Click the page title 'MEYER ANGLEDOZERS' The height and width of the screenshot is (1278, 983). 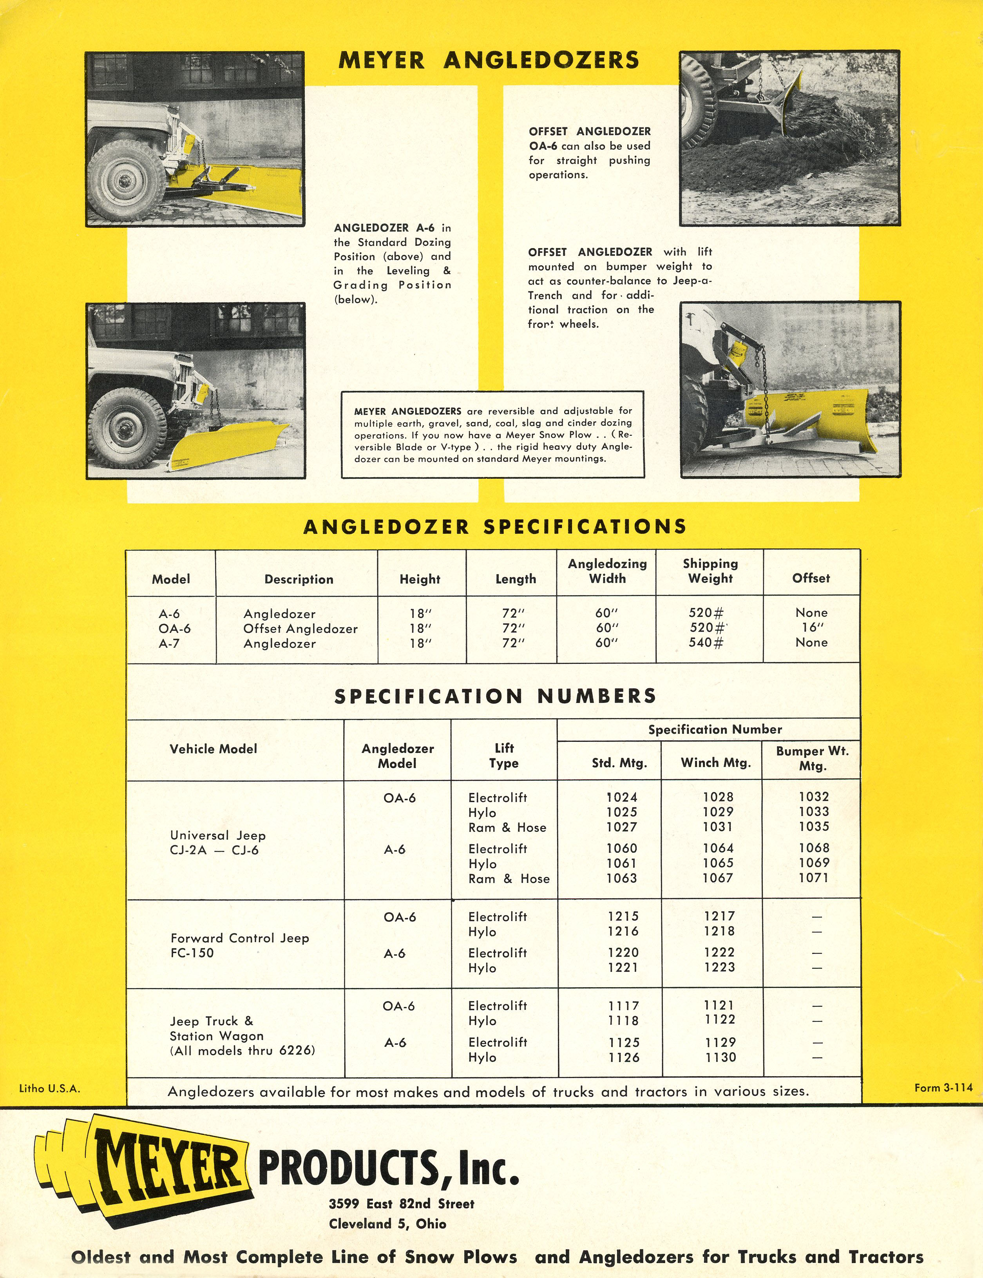point(489,61)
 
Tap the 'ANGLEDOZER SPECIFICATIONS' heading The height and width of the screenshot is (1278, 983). point(494,527)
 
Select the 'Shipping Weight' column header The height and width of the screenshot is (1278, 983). point(710,571)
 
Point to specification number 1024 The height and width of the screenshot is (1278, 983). point(621,797)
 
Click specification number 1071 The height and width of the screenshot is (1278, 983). point(813,878)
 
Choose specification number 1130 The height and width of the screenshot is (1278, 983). point(720,1057)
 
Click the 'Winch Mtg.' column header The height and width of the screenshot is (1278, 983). point(715,763)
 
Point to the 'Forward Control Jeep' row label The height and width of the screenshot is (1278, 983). point(239,938)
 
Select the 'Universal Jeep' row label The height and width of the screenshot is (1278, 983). point(218,836)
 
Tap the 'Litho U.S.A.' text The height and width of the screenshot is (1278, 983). point(50,1088)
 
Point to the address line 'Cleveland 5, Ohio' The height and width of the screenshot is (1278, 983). point(387,1224)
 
